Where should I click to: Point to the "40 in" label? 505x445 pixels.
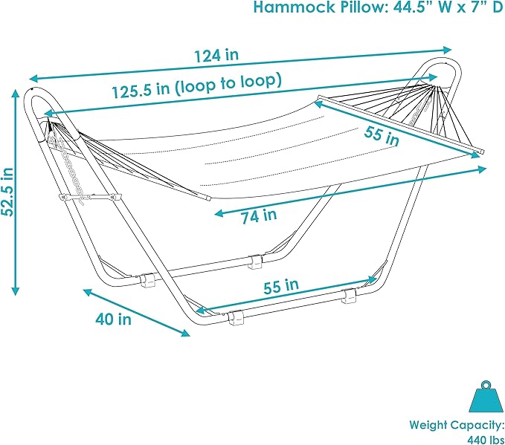point(113,319)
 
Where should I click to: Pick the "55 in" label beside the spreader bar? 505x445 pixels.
point(382,134)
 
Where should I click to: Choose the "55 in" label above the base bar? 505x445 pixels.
point(280,285)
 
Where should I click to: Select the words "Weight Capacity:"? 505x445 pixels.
point(457,426)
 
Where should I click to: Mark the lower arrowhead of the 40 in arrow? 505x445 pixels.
point(186,334)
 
